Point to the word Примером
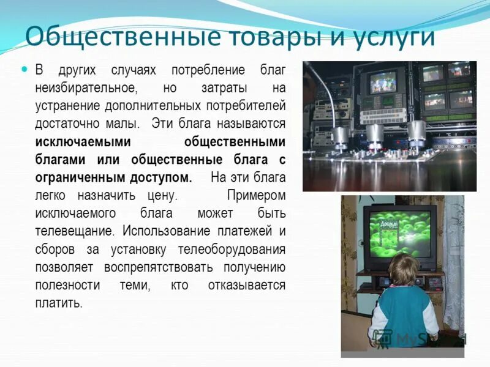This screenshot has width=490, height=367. click(256, 196)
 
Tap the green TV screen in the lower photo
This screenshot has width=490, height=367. click(398, 233)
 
